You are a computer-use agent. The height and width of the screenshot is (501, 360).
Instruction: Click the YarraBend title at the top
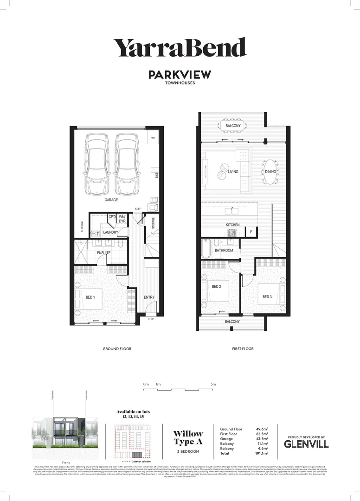coord(180,48)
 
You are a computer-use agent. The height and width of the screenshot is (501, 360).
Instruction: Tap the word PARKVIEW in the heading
coord(180,75)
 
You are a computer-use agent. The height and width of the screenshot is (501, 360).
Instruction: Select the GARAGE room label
coord(111,200)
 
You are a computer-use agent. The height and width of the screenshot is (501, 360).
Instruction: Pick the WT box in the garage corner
coord(153,138)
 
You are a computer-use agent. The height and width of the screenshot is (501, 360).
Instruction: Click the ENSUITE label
coord(103,253)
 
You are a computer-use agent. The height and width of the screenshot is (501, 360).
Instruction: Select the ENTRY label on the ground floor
coord(149,297)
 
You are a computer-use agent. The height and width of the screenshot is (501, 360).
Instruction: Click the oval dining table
coord(270,172)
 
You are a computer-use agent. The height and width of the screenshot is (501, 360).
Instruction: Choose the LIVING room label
coord(233,172)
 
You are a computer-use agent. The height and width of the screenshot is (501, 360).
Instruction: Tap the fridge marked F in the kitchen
coord(251,231)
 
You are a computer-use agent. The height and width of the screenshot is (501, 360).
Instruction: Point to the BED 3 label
coord(267,297)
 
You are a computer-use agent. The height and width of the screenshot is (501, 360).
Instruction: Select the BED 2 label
coord(216,287)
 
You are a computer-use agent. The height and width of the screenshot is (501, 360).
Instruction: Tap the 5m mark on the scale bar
coord(213,385)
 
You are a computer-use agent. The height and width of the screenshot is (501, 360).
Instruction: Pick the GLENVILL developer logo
coord(306,444)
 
